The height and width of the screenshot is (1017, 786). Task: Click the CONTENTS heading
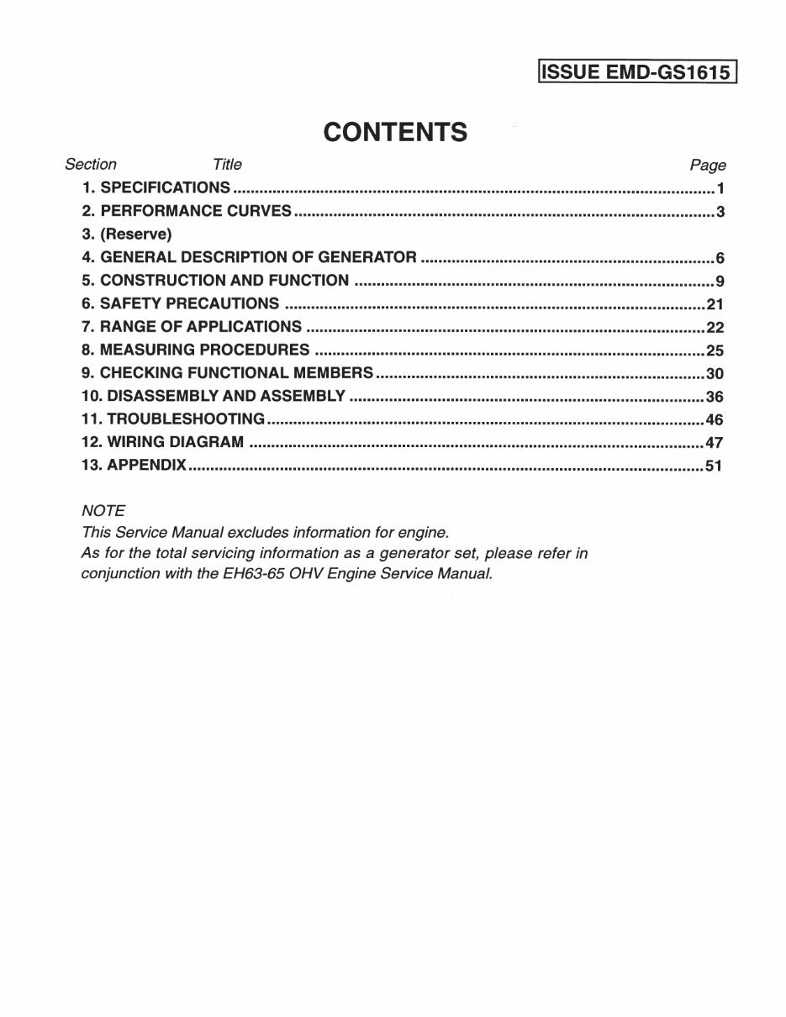coord(395,132)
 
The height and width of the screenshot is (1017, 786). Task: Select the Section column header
coord(91,165)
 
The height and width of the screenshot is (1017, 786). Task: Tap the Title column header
coord(227,165)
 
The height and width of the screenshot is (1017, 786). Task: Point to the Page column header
coord(707,166)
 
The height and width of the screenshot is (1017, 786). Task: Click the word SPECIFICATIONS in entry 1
coord(165,187)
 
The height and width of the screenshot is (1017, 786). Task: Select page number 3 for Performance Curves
coord(720,212)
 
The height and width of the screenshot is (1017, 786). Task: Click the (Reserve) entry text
coord(135,234)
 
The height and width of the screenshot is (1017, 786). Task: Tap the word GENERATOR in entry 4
coord(367,257)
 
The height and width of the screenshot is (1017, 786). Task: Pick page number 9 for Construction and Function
coord(720,282)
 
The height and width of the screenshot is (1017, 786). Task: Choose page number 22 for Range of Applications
coord(715,328)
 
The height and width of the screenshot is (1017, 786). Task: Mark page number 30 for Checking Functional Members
coord(715,374)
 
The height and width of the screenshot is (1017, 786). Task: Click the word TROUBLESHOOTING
coord(186,419)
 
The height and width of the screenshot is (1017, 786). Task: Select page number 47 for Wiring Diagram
coord(715,443)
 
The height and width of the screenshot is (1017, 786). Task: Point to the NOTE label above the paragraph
coord(103,510)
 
